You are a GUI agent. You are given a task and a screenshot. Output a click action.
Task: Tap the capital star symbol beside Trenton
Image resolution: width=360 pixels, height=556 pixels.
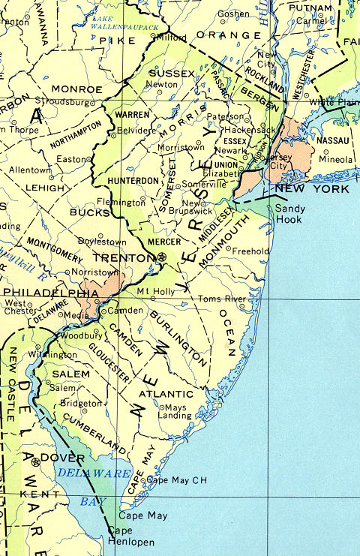click(x=163, y=257)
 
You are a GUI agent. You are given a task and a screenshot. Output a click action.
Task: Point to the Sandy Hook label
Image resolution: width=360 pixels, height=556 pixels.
click(x=288, y=214)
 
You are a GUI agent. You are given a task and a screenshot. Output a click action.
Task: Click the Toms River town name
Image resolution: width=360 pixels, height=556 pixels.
click(x=222, y=299)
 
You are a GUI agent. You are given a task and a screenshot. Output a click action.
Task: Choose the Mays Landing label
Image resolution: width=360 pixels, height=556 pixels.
click(x=175, y=411)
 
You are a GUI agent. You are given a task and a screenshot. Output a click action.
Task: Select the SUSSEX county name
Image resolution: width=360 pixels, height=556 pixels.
click(x=172, y=74)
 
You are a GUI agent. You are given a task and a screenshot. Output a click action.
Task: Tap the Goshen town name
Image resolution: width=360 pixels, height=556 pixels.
click(x=233, y=14)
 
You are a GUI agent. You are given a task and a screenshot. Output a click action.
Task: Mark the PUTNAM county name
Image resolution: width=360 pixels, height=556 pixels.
click(x=310, y=8)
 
